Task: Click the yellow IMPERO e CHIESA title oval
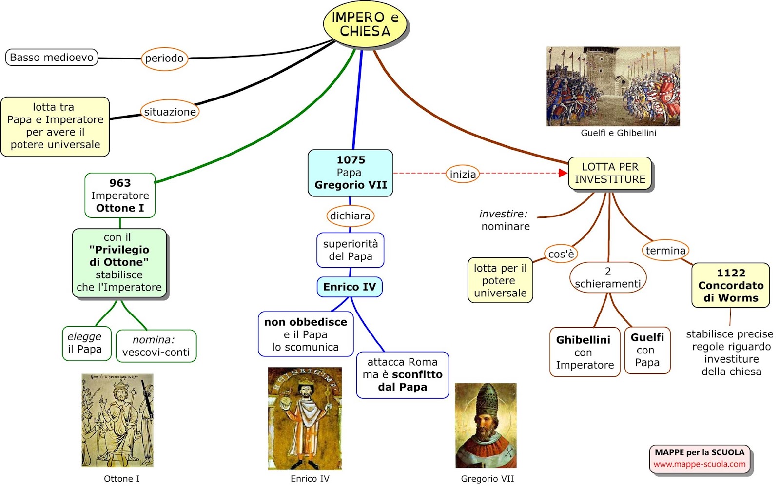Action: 365,24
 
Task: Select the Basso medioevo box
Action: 52,58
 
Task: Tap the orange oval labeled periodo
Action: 164,59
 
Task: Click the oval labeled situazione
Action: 170,112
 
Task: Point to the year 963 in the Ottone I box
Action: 120,183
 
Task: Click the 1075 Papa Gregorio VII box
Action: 351,173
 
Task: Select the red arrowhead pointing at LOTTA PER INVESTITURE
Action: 563,173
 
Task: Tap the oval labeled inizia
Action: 463,174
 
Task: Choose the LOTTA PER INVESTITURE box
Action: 610,173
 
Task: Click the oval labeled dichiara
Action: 351,216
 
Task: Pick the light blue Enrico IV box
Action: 350,287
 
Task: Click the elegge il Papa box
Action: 87,343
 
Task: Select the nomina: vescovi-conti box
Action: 156,346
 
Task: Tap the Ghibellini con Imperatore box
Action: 585,352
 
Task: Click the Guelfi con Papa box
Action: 647,351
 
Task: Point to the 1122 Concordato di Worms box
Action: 731,285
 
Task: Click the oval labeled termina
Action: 665,251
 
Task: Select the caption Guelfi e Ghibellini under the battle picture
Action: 619,133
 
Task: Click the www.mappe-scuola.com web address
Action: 700,464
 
